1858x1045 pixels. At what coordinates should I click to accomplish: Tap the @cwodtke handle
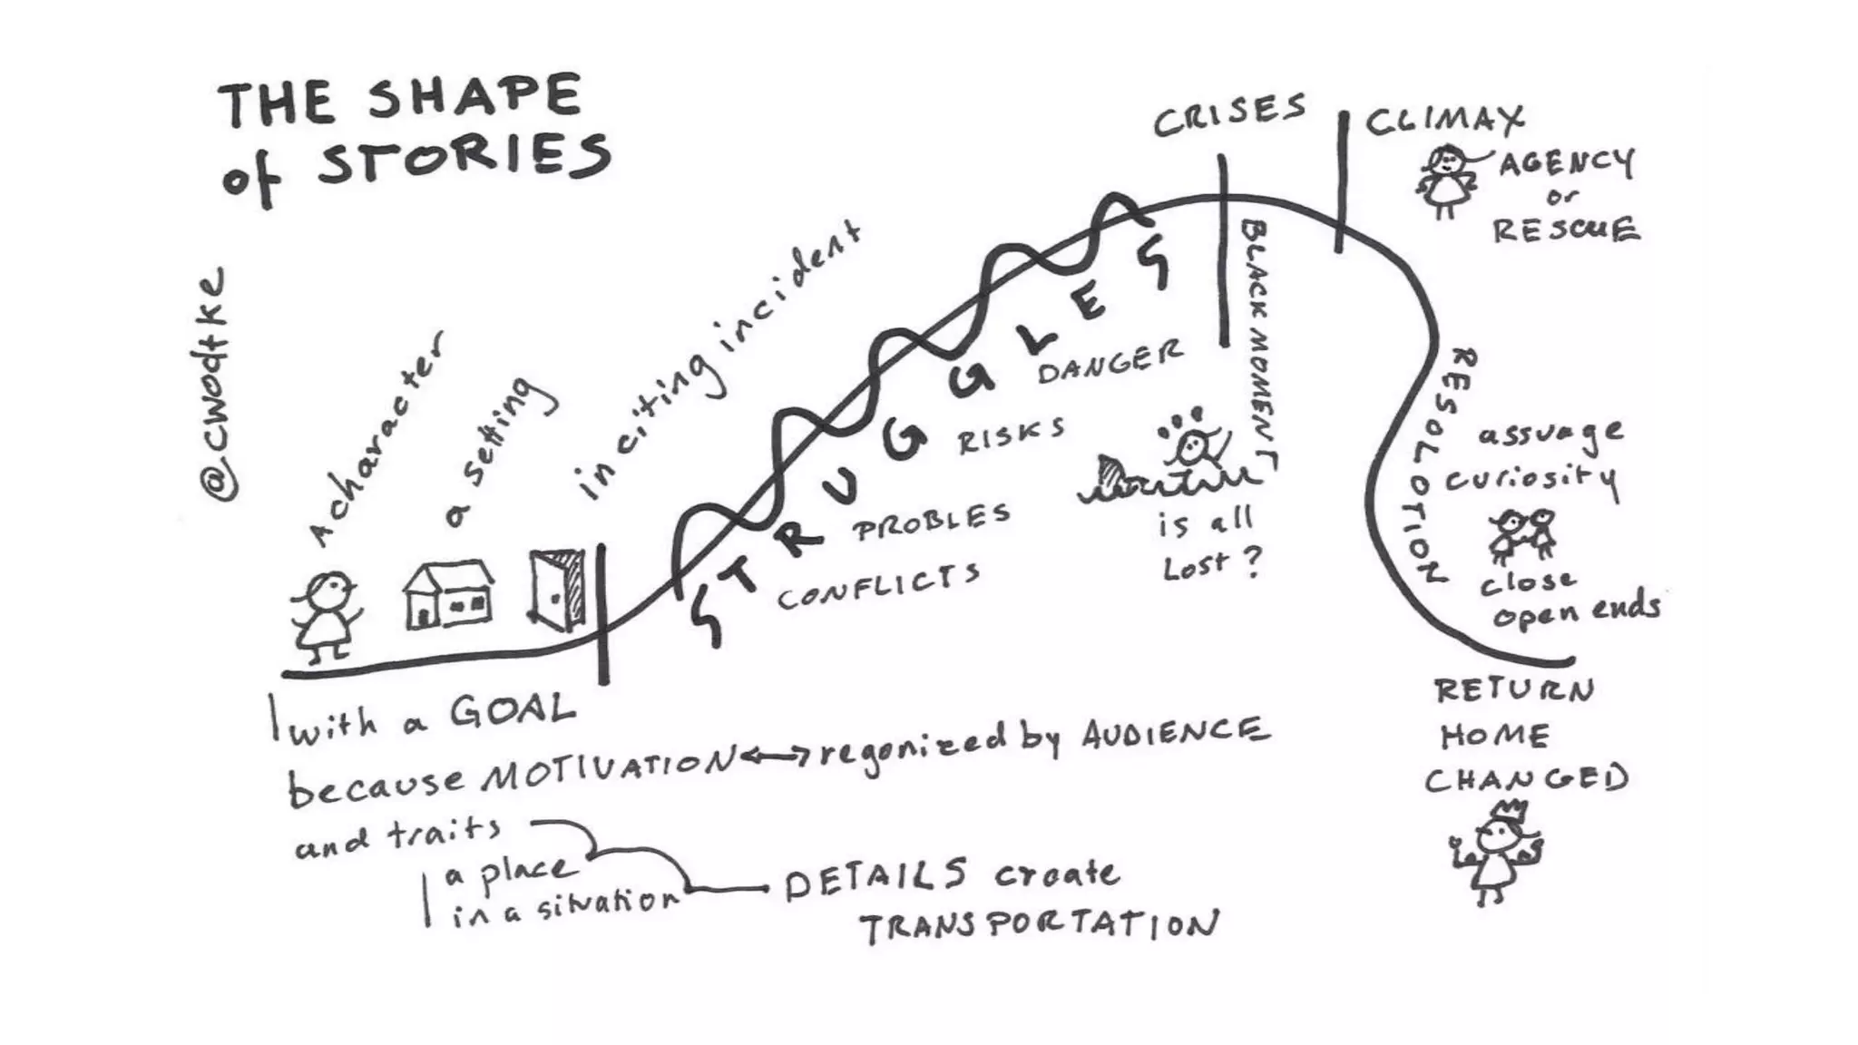(x=215, y=386)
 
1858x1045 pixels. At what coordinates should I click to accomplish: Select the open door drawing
(x=557, y=590)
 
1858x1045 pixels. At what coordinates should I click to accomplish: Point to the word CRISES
(x=1229, y=114)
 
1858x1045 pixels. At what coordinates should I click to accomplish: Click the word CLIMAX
(x=1444, y=120)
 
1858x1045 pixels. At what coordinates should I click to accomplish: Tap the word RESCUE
(x=1566, y=230)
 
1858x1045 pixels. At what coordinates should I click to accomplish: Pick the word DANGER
(x=1110, y=360)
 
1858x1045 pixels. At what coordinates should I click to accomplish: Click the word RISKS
(x=1011, y=435)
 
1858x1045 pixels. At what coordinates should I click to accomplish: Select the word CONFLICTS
(x=878, y=586)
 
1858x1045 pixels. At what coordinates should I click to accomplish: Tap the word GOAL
(x=513, y=711)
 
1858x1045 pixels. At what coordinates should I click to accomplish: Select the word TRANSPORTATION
(x=1039, y=925)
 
